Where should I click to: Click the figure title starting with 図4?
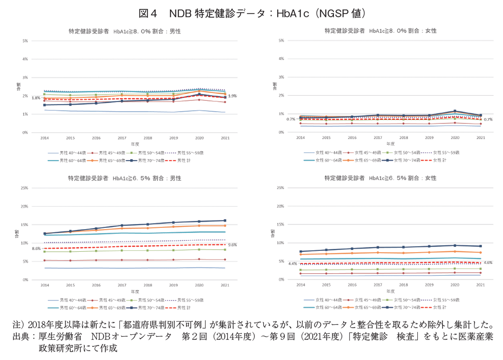point(251,13)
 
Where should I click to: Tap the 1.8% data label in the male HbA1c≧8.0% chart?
point(36,98)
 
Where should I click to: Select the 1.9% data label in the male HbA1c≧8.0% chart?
point(233,96)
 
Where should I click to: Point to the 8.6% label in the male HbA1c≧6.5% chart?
point(36,248)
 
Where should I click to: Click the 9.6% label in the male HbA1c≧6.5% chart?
point(233,245)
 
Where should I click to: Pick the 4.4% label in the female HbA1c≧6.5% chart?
point(292,263)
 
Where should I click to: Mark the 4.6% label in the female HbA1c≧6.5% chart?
point(488,262)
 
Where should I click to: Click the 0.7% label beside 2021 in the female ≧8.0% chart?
point(488,120)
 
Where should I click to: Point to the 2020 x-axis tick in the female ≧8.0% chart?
point(454,138)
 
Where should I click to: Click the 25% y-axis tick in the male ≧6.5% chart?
point(24,188)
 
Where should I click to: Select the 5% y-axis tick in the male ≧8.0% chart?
point(24,41)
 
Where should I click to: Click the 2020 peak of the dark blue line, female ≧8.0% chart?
point(454,111)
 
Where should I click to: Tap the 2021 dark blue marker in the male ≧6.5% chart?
point(225,220)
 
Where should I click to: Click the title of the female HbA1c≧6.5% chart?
point(380,178)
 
